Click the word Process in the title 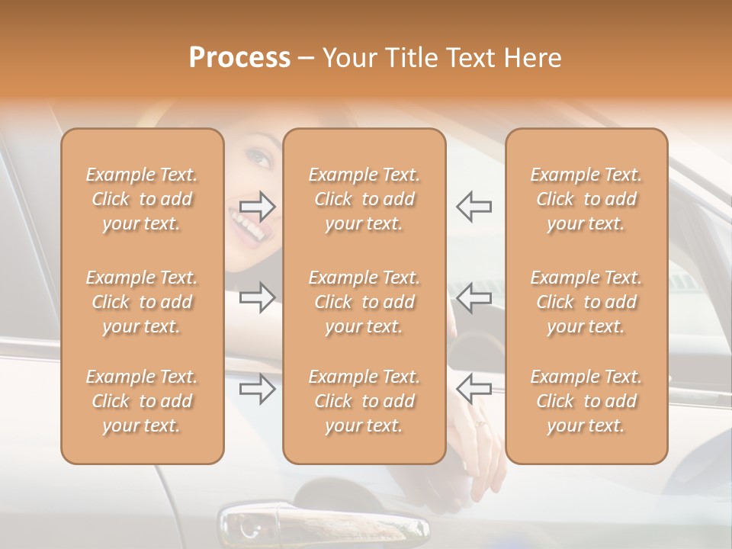[239, 58]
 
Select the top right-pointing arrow [258, 206]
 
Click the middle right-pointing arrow [258, 297]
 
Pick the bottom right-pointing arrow [258, 389]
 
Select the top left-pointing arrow [474, 206]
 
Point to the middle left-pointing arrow [474, 297]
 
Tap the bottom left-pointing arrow [474, 389]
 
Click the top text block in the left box [142, 199]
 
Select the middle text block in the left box [142, 302]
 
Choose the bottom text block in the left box [142, 401]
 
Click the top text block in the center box [364, 199]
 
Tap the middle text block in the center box [364, 302]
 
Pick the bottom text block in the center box [364, 401]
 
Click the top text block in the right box [586, 199]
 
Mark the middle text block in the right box [586, 302]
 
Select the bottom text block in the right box [586, 401]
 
